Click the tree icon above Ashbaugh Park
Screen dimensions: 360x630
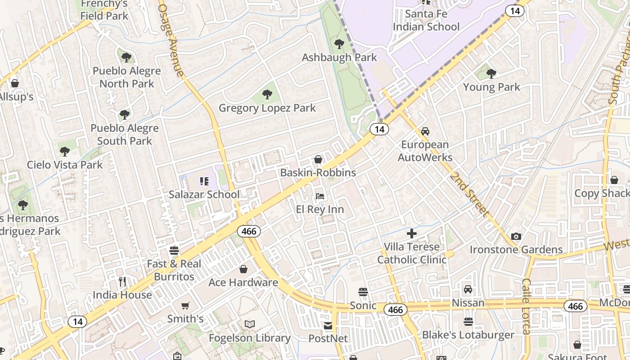(x=339, y=44)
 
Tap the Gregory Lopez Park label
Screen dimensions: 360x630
(x=267, y=108)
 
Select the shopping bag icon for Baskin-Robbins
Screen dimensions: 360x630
(x=318, y=159)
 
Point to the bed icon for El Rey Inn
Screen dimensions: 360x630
(x=320, y=196)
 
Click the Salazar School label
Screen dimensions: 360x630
(x=204, y=194)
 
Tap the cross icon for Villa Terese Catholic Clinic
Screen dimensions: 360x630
(x=412, y=234)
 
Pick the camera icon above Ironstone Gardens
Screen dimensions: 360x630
(x=516, y=237)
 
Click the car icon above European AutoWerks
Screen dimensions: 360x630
(x=425, y=131)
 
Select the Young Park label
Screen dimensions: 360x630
(x=491, y=87)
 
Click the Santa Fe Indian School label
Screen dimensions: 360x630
(x=426, y=20)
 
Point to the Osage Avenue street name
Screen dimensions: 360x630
(x=171, y=40)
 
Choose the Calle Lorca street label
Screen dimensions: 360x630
(x=526, y=306)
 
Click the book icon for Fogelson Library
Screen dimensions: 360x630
(x=250, y=324)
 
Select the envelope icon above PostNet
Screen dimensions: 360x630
(x=328, y=325)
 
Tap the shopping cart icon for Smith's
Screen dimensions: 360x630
(x=185, y=306)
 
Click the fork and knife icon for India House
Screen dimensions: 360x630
(x=122, y=282)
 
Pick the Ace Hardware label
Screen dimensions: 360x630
(x=243, y=283)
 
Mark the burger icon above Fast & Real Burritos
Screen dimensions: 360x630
(x=174, y=251)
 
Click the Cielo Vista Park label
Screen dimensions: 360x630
(x=65, y=165)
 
